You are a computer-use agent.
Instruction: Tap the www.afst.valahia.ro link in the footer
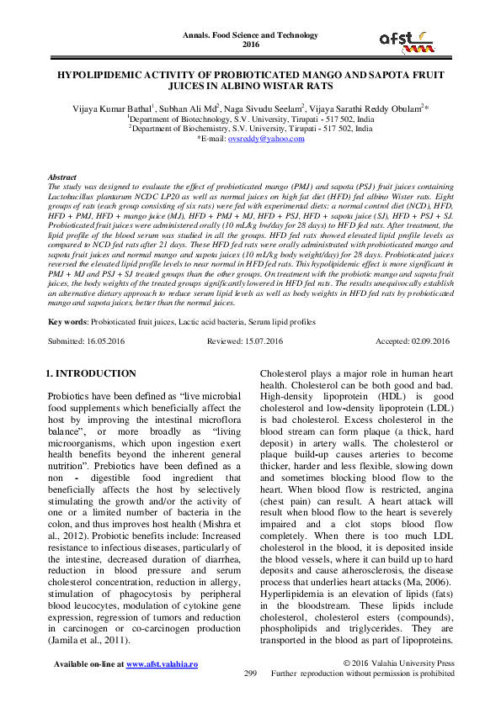(x=162, y=663)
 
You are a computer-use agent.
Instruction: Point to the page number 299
(x=249, y=674)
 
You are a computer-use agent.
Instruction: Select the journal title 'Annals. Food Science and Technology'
(x=250, y=35)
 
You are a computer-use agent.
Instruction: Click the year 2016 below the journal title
(x=250, y=45)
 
